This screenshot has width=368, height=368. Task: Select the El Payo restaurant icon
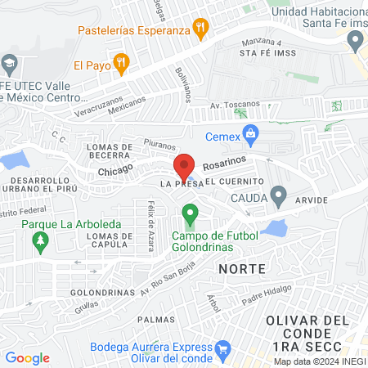click(x=121, y=61)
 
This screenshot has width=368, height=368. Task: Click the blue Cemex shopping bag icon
click(x=252, y=132)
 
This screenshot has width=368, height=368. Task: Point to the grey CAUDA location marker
click(x=279, y=197)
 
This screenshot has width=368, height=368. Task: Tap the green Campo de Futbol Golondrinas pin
click(x=191, y=216)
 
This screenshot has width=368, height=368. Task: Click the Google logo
click(x=27, y=357)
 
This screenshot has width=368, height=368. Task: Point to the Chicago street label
click(x=114, y=173)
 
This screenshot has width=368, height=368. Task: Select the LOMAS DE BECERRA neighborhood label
click(x=110, y=151)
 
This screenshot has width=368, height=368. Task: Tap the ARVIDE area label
click(x=312, y=199)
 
